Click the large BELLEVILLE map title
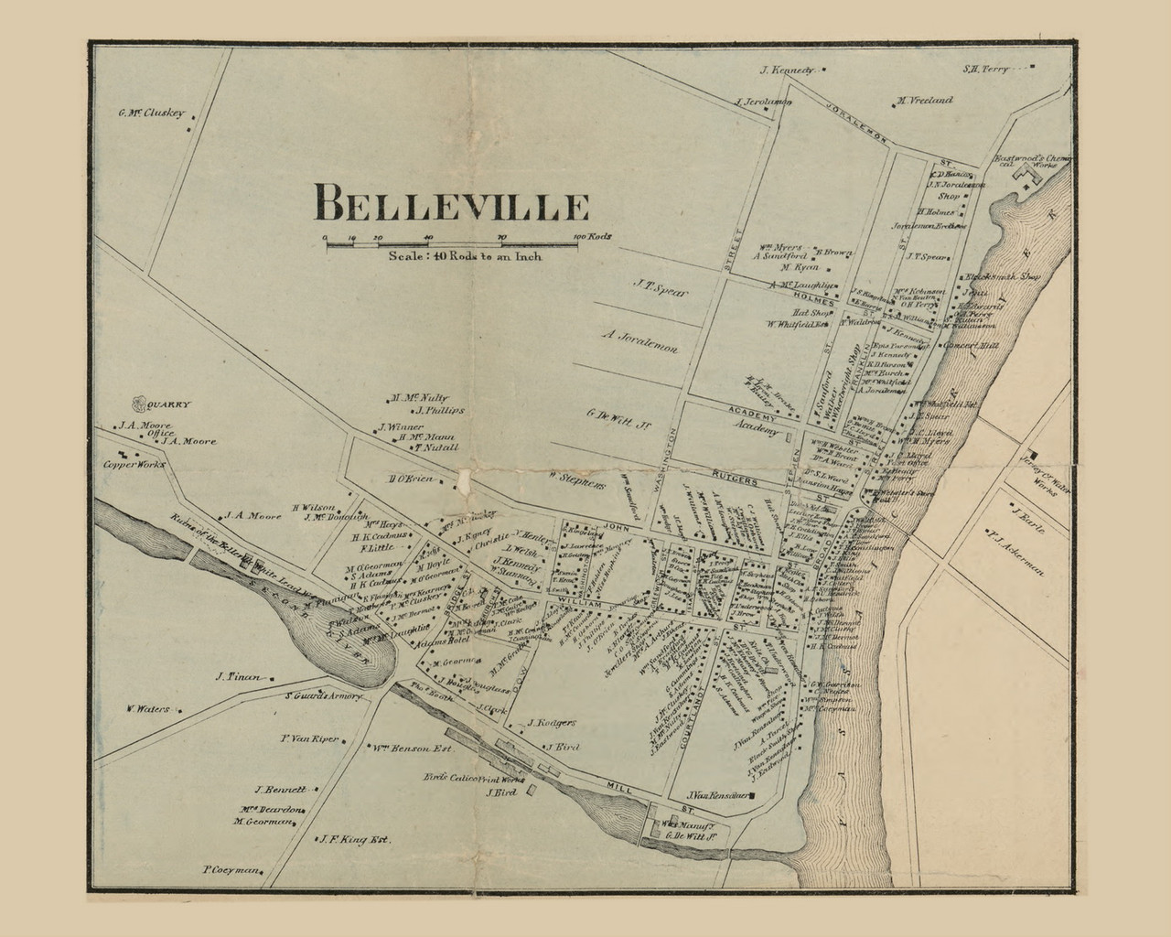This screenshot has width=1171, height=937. coord(451,202)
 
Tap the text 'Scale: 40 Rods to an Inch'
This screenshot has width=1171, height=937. coord(465,256)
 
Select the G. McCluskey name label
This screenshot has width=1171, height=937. coord(152,114)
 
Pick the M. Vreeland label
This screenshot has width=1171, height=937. coord(925,100)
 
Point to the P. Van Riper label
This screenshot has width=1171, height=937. coord(309,738)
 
